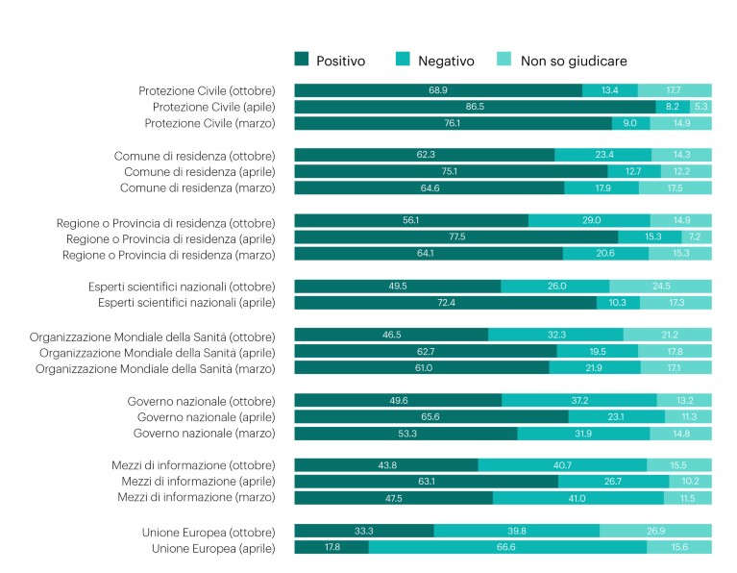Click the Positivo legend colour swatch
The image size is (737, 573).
click(303, 61)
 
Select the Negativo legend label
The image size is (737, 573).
click(446, 61)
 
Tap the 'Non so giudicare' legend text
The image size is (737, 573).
click(574, 61)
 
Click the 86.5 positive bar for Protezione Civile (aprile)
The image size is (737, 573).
click(475, 107)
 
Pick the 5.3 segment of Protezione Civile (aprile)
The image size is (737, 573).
click(700, 107)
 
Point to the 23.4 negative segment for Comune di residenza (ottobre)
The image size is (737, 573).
click(603, 155)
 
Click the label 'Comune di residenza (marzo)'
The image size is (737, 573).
click(197, 187)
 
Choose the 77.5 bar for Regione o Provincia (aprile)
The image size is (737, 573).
click(455, 237)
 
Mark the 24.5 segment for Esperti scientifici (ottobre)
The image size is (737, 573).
click(660, 286)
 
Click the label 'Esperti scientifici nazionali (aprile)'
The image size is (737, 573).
click(186, 303)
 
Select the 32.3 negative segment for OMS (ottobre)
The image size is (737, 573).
click(555, 335)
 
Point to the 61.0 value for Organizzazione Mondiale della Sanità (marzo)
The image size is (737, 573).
click(422, 367)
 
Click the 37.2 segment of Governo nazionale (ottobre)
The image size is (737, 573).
click(578, 400)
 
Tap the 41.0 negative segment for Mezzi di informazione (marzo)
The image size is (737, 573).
click(577, 498)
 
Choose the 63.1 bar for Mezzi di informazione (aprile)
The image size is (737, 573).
click(426, 482)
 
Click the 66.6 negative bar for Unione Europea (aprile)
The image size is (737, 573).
click(507, 547)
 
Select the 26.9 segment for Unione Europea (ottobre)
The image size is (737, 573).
click(655, 531)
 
